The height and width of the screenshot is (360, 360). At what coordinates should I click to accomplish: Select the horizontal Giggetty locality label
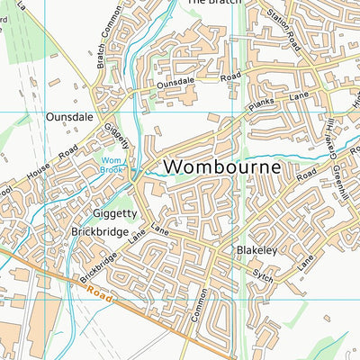114,214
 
